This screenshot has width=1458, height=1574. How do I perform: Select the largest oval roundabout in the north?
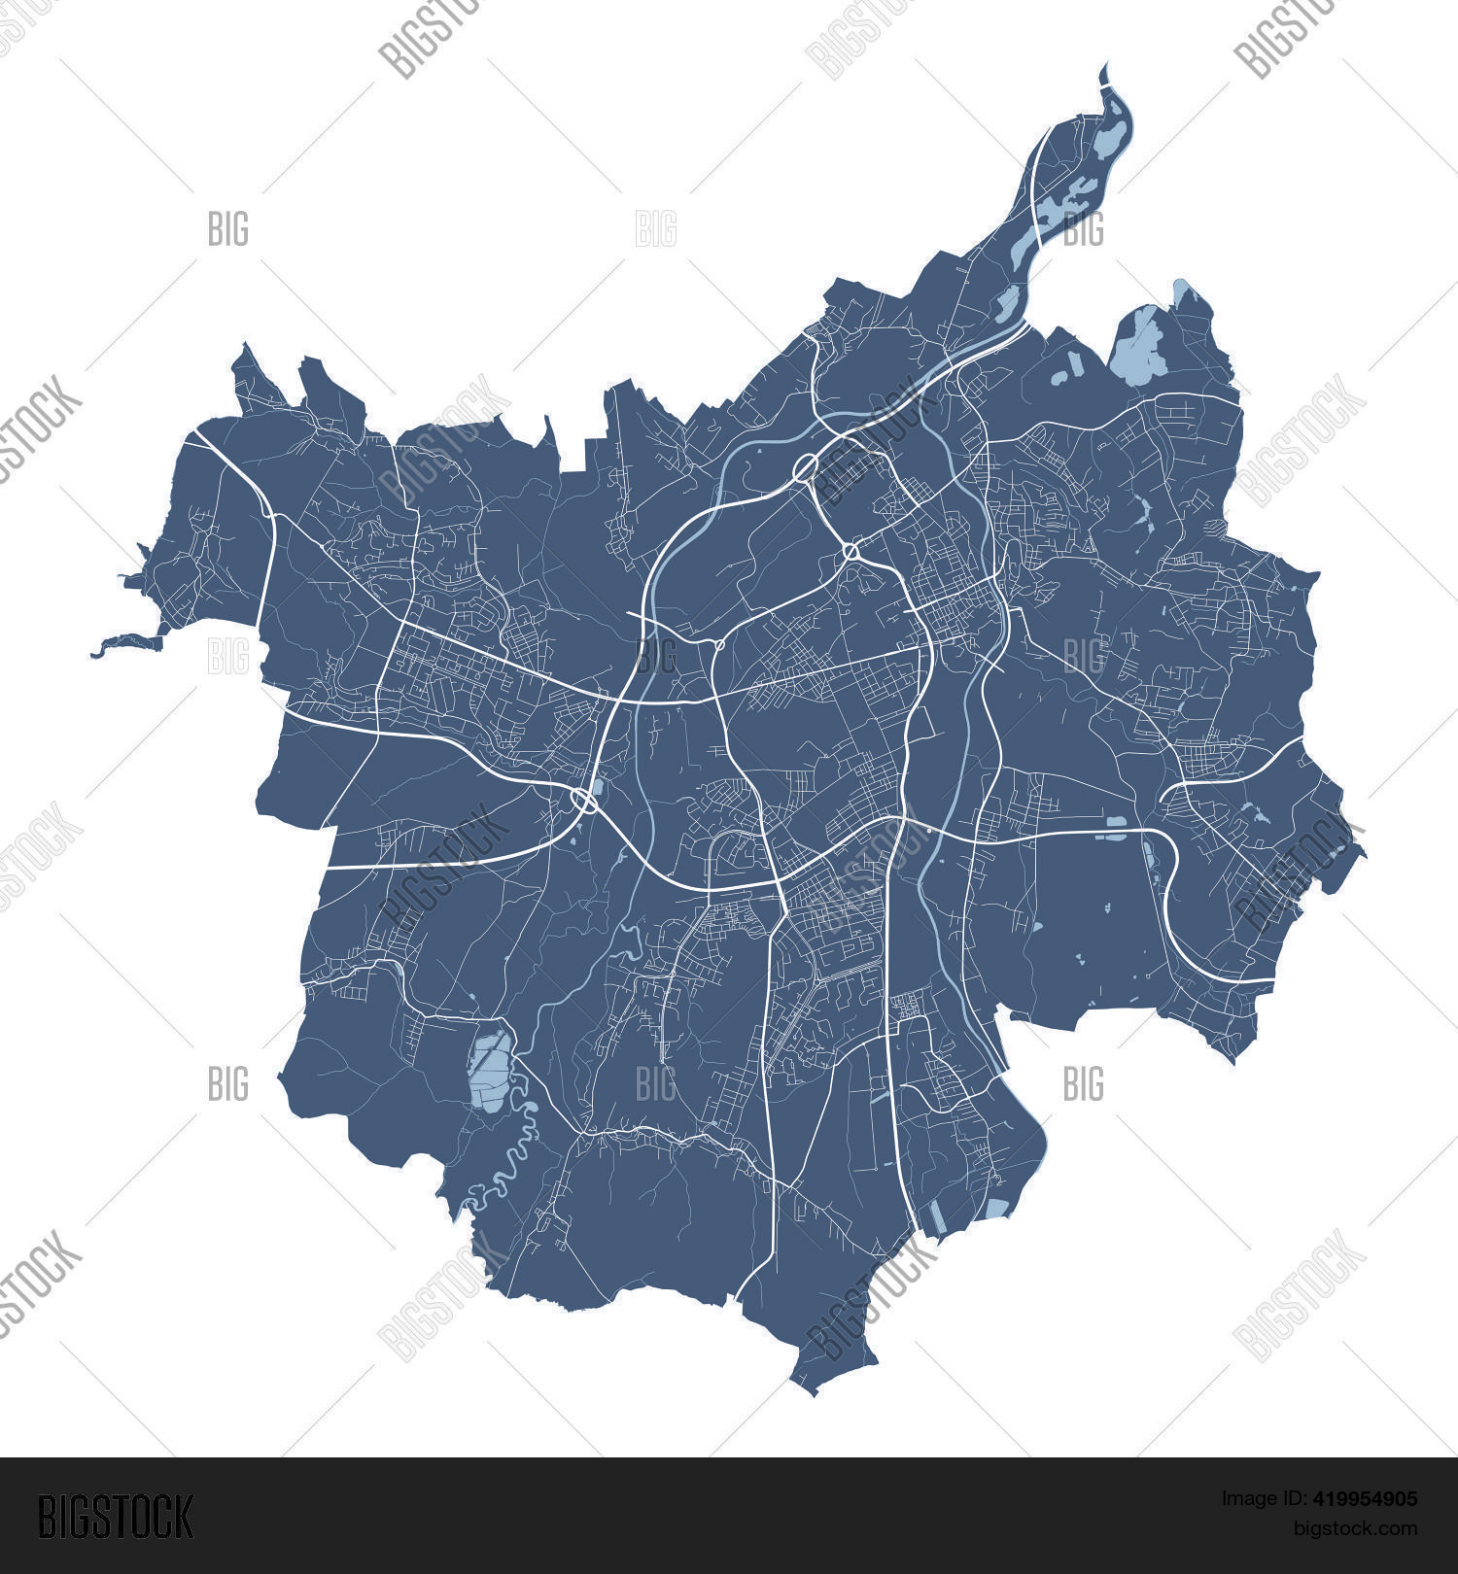coord(806,467)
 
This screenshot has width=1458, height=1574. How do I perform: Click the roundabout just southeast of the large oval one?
coord(851,552)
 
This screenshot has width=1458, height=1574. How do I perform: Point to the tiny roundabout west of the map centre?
coord(719,644)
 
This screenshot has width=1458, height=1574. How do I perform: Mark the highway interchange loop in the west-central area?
coord(584,801)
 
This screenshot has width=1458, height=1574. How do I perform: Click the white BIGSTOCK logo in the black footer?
coord(116,1517)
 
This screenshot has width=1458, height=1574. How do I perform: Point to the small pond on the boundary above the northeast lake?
coord(1180,289)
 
